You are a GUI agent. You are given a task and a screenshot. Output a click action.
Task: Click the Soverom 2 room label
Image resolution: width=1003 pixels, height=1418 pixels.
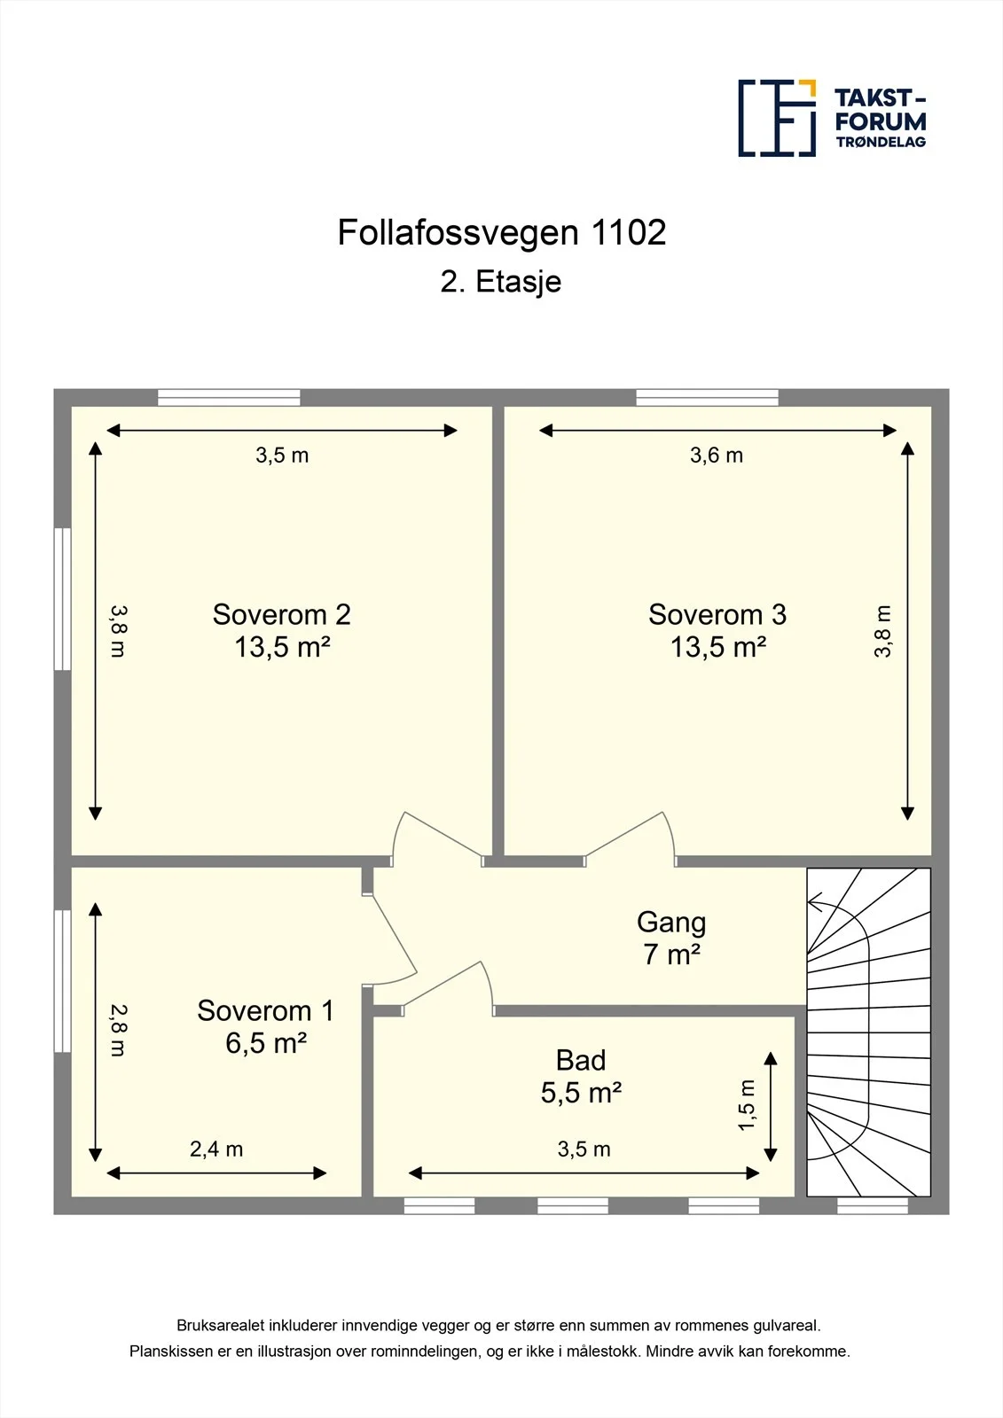(x=281, y=614)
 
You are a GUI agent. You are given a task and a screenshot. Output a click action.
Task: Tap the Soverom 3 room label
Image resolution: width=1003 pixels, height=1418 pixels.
(x=717, y=614)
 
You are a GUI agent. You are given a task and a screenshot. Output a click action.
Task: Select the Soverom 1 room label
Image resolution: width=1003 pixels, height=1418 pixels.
(x=265, y=1010)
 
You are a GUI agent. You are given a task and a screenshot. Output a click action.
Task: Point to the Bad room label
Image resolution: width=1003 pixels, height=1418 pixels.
(x=581, y=1060)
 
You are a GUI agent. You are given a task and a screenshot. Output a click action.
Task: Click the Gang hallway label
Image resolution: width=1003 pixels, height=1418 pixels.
(x=671, y=923)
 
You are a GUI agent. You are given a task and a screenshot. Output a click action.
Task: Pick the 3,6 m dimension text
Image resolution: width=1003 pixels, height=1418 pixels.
(x=717, y=456)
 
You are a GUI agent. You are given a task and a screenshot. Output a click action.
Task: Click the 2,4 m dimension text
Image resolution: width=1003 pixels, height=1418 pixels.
(x=216, y=1149)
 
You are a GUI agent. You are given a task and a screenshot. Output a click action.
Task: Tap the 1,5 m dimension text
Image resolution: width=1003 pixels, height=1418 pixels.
(x=747, y=1104)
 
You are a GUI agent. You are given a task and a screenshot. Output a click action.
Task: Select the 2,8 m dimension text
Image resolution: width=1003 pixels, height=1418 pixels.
(x=119, y=1031)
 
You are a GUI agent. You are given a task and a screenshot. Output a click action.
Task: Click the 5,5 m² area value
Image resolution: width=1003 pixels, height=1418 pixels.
(x=581, y=1093)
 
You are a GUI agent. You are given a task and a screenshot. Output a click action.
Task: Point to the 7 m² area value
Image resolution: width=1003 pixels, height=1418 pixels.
(x=671, y=954)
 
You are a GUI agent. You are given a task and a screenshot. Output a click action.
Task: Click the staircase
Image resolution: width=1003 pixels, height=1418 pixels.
(x=869, y=1032)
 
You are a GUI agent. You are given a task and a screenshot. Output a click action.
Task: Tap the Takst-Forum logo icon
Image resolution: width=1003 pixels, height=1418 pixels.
(x=777, y=119)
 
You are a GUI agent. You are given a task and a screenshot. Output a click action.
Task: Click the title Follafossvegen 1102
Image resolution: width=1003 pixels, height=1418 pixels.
(x=502, y=232)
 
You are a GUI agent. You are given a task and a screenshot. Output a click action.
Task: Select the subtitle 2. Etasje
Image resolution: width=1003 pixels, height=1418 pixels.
(x=501, y=282)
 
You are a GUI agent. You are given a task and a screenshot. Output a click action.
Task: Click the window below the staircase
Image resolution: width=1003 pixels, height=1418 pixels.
(x=873, y=1205)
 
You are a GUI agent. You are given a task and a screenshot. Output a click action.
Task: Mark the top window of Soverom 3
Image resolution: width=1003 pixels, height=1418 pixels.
(x=707, y=398)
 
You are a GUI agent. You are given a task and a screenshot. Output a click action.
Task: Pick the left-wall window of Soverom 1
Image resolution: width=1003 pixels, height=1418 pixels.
(x=62, y=981)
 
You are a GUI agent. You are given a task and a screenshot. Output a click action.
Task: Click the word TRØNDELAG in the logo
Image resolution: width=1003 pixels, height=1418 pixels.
(x=881, y=142)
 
